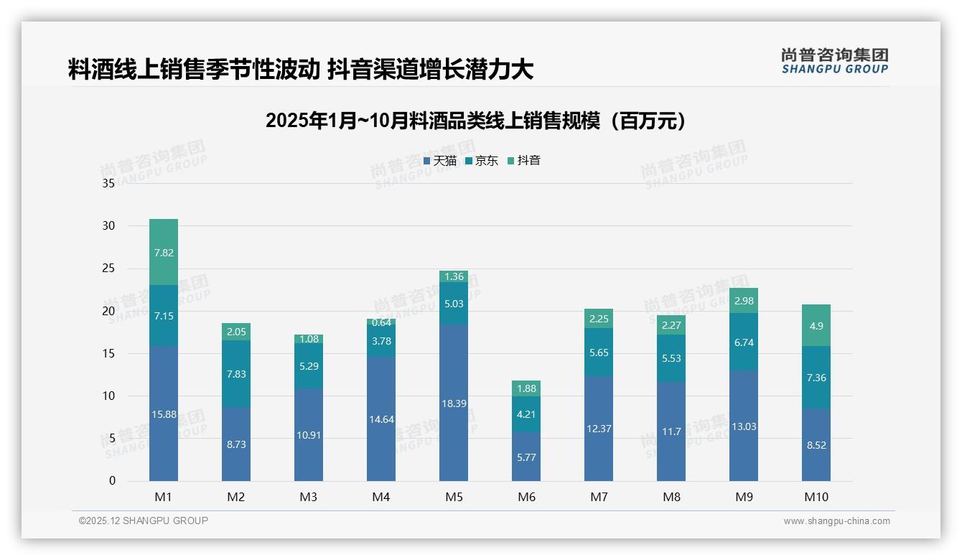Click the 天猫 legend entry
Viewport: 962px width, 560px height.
[440, 161]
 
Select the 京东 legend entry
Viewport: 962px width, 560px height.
[482, 161]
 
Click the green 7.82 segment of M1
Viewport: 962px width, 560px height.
[164, 252]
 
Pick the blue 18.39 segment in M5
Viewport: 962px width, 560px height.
[454, 403]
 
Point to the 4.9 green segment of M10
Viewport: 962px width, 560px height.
[816, 326]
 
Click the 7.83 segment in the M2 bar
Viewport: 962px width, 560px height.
[236, 374]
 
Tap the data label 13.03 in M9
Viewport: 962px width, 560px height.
[744, 426]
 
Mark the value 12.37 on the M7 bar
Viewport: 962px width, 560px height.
[599, 429]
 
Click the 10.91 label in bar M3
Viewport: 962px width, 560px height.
[309, 434]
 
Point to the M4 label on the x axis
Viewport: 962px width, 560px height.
[381, 497]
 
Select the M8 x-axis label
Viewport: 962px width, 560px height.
[671, 497]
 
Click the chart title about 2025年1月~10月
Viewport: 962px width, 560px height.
[475, 121]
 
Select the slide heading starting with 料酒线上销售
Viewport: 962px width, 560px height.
[300, 70]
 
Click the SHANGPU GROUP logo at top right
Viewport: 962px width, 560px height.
[834, 61]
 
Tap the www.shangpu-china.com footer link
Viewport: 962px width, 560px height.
[836, 521]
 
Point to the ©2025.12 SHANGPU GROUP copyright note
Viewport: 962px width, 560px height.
[144, 521]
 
